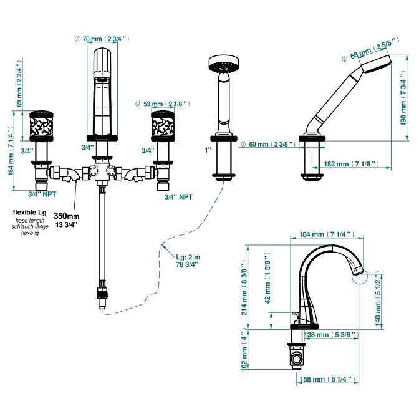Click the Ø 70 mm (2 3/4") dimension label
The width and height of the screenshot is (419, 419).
pyautogui.click(x=102, y=39)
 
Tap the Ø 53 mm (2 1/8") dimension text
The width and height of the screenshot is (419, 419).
pyautogui.click(x=163, y=104)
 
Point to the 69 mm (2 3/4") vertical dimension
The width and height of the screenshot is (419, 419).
pyautogui.click(x=19, y=84)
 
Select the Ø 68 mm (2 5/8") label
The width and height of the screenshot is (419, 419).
pyautogui.click(x=370, y=50)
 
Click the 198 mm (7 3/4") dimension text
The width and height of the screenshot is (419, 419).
pyautogui.click(x=403, y=99)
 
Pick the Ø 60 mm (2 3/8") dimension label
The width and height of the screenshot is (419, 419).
pyautogui.click(x=268, y=144)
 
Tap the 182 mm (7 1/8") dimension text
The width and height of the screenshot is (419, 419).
pyautogui.click(x=352, y=164)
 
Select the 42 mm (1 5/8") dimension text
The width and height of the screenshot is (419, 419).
pyautogui.click(x=267, y=280)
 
